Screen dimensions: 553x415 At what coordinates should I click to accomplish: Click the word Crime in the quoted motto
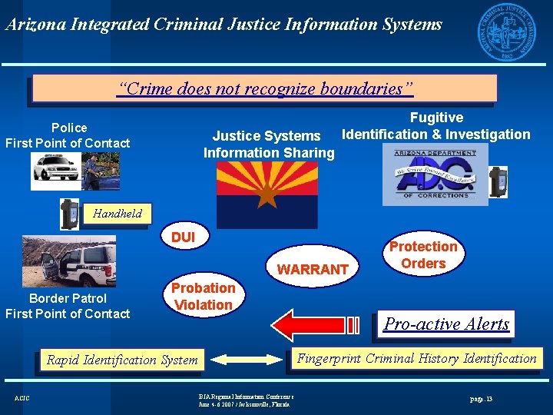point(145,88)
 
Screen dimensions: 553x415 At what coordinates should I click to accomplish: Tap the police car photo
point(75,171)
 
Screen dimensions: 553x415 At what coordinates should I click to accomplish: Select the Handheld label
point(118,214)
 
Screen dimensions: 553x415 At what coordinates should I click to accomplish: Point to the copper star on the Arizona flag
point(267,195)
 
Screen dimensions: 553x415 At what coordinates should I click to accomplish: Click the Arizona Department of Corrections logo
point(435,174)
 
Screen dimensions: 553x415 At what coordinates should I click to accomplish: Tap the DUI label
point(183,237)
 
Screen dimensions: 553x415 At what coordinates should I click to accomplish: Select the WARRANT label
point(313,270)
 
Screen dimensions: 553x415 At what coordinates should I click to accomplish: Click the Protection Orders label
point(423,255)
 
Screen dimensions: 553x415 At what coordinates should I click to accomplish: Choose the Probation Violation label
point(203,297)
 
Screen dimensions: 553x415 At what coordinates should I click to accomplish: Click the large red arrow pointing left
point(316,323)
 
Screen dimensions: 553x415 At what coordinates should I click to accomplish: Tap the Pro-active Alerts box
point(446,324)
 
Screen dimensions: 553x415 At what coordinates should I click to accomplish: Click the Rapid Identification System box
point(122,359)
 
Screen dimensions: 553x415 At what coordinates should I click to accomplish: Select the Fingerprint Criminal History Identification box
point(416,358)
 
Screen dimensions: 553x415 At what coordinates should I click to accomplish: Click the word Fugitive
point(436,118)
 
